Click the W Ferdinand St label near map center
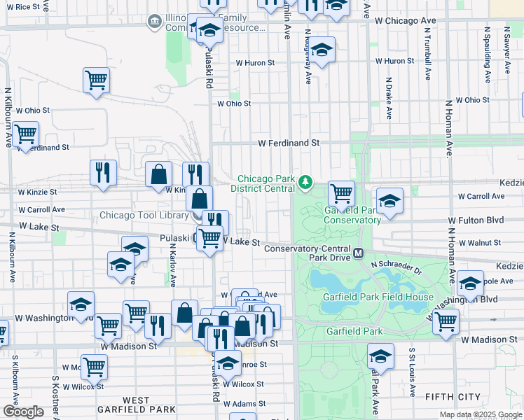pos(289,143)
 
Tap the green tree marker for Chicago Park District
pos(305,183)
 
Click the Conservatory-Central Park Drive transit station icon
pos(359,253)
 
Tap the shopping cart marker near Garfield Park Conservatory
pos(341,193)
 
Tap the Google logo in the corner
pos(23,412)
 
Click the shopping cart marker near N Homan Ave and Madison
pos(446,321)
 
